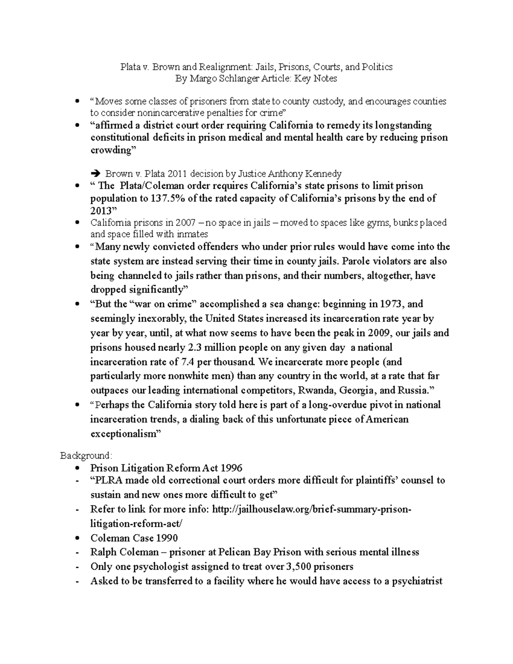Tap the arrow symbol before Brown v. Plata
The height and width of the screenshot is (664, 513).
point(96,174)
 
